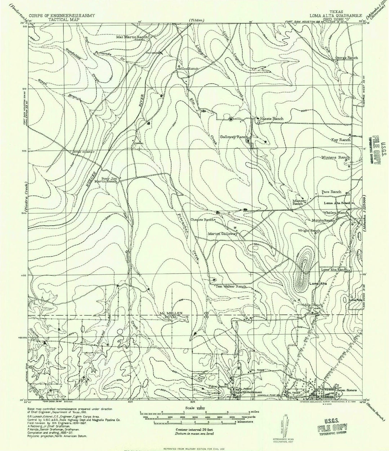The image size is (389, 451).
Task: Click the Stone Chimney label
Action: click(84, 152)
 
